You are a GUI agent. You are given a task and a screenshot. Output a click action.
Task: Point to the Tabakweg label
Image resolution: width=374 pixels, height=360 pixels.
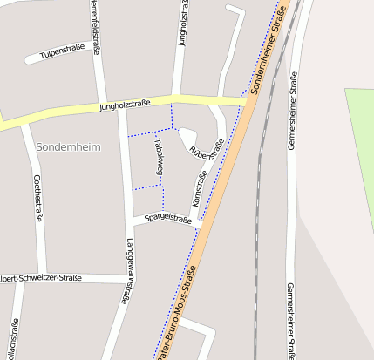click(x=159, y=157)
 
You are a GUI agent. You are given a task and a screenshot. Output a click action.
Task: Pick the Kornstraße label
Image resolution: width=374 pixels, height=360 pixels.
click(x=199, y=189)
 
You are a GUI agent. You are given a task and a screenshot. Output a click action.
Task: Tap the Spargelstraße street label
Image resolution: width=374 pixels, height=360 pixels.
click(x=167, y=218)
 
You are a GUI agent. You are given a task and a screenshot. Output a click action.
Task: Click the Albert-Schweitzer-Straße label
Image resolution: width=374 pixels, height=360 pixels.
click(x=42, y=278)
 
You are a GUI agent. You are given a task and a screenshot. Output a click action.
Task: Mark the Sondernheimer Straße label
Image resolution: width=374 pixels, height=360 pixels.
click(x=269, y=58)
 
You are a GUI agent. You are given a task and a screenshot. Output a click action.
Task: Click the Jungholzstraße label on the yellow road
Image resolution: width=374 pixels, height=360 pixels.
click(x=125, y=105)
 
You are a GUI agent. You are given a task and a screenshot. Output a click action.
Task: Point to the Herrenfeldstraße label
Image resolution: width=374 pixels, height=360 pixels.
click(x=93, y=22)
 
